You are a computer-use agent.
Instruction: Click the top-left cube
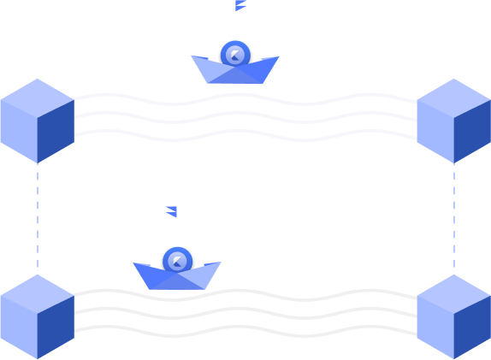37,121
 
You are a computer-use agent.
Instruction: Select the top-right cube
453,121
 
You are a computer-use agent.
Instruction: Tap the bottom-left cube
37,316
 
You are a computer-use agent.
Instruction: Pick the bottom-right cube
453,316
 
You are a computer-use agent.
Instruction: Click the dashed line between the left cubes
38,218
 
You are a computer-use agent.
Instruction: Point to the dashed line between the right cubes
454,218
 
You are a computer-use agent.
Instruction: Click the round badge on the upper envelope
235,55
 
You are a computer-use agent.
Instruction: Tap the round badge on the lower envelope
177,261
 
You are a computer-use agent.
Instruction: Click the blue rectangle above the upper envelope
257,6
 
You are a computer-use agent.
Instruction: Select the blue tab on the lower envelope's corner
154,213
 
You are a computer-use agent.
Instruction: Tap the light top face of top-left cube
37,97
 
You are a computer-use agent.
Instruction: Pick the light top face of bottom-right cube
453,293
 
